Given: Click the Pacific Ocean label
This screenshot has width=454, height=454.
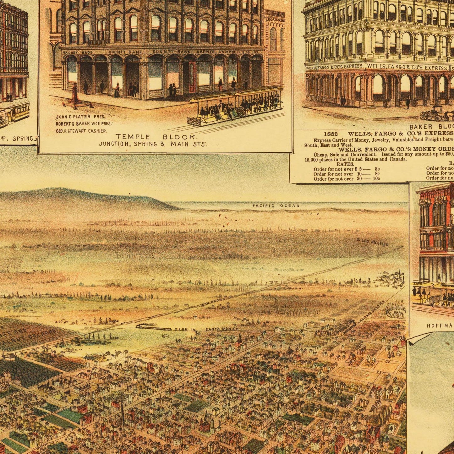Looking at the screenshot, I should point(276,206).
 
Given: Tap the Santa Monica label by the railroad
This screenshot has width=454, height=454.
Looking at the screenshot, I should point(222,329).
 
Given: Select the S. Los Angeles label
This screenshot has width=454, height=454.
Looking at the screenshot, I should point(373,242).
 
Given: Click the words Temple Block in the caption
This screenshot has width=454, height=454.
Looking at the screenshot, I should point(156,137).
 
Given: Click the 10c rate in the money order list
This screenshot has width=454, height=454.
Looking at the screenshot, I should point(376,179).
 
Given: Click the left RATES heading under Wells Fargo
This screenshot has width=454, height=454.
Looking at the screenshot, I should point(345,164).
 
